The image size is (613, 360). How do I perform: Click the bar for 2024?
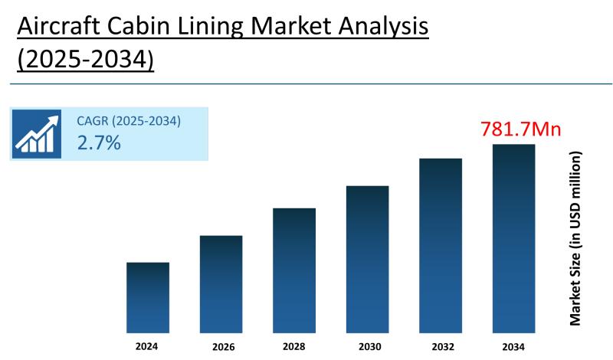pyautogui.click(x=147, y=297)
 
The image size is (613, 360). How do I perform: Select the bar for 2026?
pyautogui.click(x=221, y=283)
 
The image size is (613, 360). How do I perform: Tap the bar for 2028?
pyautogui.click(x=294, y=270)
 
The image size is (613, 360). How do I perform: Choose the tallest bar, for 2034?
pyautogui.click(x=513, y=237)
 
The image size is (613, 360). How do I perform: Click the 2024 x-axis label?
pyautogui.click(x=147, y=347)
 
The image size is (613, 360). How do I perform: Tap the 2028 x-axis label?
pyautogui.click(x=294, y=347)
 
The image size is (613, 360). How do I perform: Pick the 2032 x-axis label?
pyautogui.click(x=441, y=347)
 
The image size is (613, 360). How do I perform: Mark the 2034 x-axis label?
pyautogui.click(x=513, y=347)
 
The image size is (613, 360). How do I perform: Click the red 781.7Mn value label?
pyautogui.click(x=520, y=129)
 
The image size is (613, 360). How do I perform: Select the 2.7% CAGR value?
pyautogui.click(x=99, y=142)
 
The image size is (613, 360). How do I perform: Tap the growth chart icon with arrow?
pyautogui.click(x=36, y=135)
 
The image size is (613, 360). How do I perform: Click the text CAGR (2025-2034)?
pyautogui.click(x=129, y=121)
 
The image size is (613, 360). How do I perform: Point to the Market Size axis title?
pyautogui.click(x=576, y=237)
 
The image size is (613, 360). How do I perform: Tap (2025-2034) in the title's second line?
pyautogui.click(x=85, y=60)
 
